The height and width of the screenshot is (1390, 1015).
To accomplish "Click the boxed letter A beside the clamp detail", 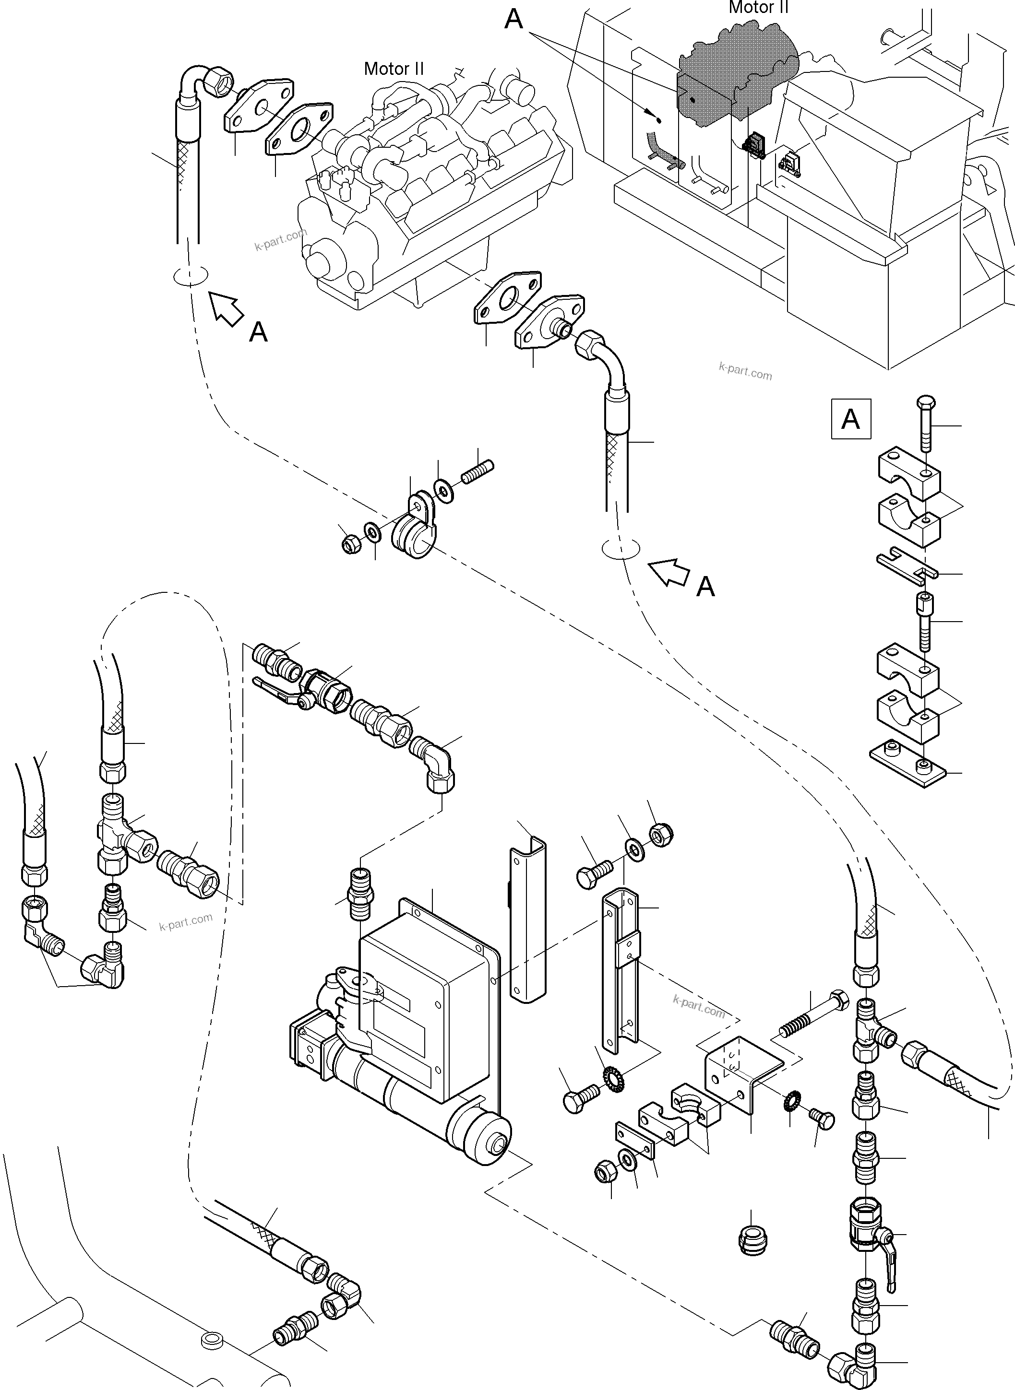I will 850,419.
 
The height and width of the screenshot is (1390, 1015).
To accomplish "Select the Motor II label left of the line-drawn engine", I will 394,68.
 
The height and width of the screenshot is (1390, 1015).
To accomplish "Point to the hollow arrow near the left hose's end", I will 226,308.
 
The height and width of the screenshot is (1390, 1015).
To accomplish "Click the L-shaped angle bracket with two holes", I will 743,1074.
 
